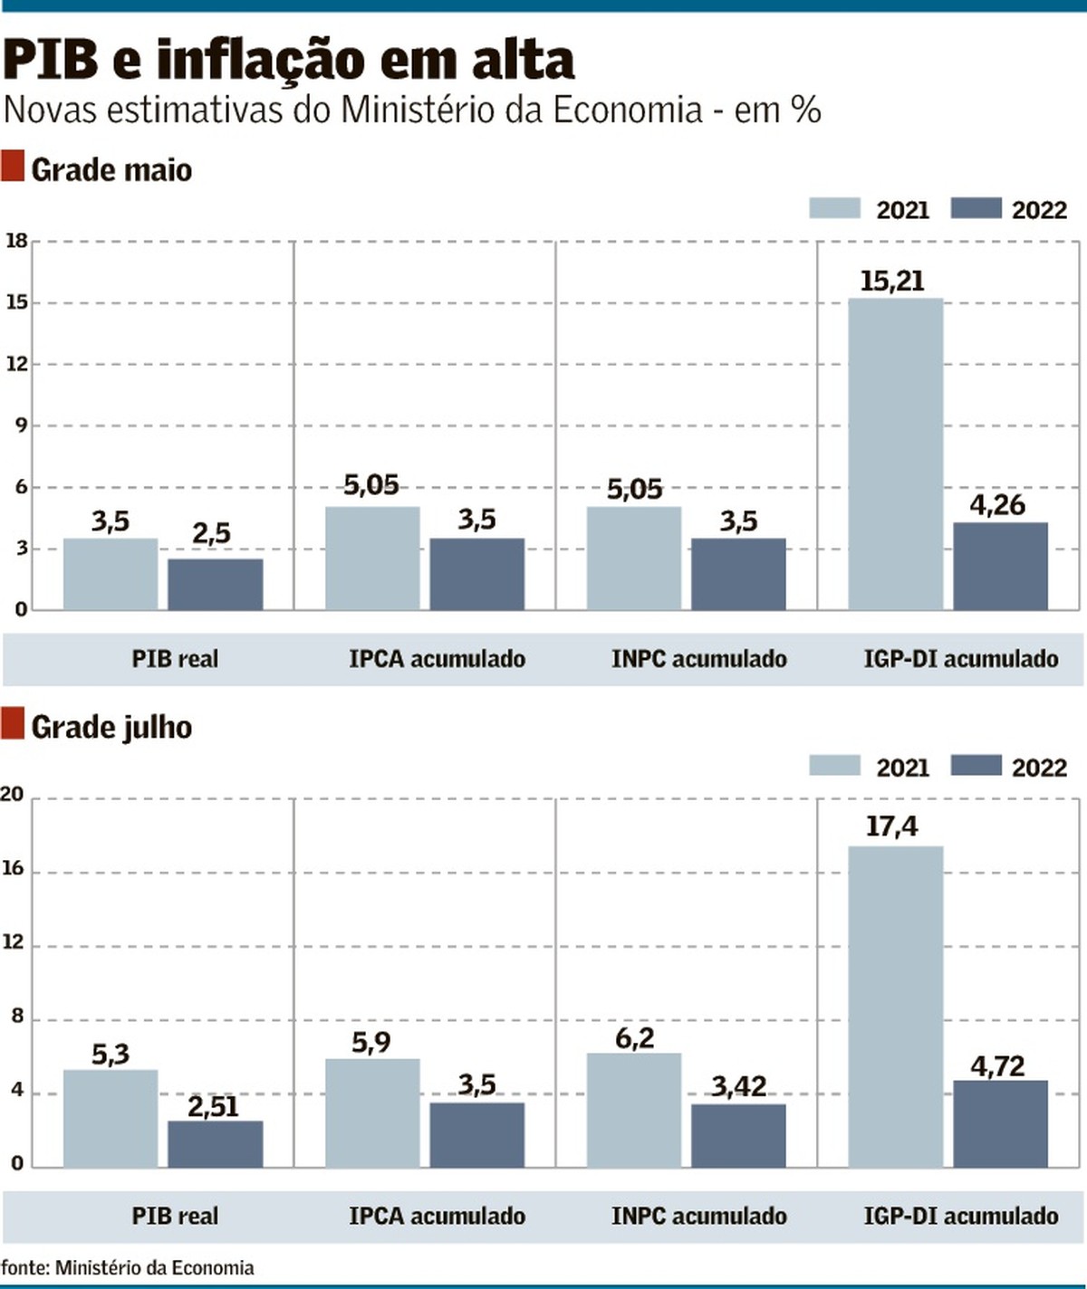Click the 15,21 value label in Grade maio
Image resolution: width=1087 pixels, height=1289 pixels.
(892, 282)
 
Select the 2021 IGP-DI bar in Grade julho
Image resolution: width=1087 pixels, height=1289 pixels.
(895, 1007)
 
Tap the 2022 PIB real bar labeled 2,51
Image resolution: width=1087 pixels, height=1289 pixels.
(216, 1144)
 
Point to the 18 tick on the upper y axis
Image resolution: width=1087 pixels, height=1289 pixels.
(16, 241)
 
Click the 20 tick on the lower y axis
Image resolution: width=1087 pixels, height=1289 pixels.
(13, 795)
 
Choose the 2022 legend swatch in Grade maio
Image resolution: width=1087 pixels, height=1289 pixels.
(976, 209)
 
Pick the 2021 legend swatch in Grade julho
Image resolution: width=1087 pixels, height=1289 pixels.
(834, 766)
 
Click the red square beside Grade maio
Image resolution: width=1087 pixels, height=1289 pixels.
(13, 167)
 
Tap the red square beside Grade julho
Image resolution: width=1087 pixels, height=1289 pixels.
(13, 724)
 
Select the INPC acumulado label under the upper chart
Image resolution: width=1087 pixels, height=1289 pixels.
(698, 659)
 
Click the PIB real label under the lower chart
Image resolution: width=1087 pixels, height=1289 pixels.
(175, 1216)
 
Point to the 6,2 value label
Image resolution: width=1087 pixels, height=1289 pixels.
(634, 1038)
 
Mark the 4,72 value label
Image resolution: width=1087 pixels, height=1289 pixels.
(997, 1066)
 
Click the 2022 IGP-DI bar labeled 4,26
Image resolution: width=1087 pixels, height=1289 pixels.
(1000, 566)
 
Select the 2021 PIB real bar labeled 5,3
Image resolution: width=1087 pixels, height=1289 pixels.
(111, 1119)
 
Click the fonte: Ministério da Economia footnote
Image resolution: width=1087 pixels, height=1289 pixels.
(128, 1267)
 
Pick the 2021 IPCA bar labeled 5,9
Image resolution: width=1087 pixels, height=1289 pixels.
(372, 1112)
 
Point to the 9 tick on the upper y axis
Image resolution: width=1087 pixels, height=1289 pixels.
(21, 425)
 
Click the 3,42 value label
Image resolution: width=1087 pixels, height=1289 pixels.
(738, 1086)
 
